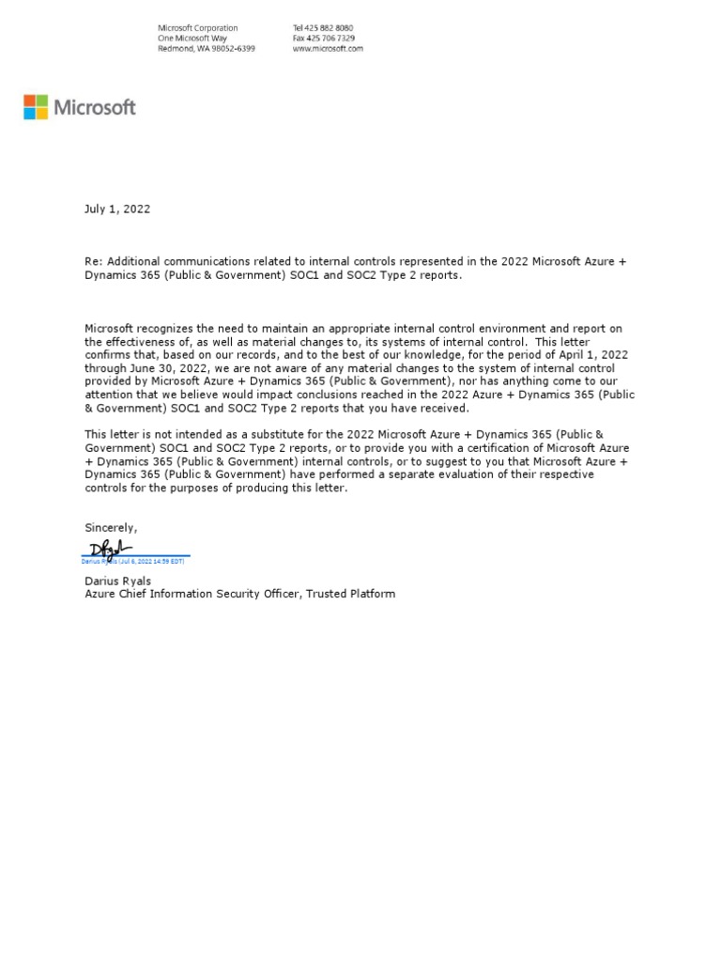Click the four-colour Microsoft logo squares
36,107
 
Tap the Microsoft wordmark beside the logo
94,108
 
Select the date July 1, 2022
117,209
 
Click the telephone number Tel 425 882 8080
323,28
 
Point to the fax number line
323,39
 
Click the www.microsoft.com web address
328,49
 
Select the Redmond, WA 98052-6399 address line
206,49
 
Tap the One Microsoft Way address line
192,39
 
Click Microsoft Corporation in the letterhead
197,28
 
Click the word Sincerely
111,528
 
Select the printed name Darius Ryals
118,582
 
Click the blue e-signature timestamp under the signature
133,560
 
